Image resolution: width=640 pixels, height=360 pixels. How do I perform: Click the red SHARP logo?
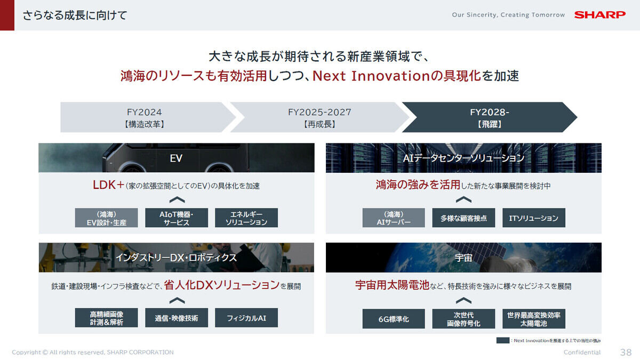click(x=599, y=15)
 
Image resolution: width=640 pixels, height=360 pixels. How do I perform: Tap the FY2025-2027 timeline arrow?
click(x=320, y=117)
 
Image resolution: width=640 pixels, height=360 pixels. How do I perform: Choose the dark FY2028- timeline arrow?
click(x=490, y=117)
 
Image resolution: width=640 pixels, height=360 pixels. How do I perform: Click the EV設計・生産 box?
click(x=106, y=218)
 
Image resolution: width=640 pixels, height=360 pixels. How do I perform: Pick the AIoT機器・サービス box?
click(x=177, y=218)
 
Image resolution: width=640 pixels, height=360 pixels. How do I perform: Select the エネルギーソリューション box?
click(x=246, y=218)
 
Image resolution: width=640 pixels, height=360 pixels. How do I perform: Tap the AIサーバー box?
click(x=394, y=218)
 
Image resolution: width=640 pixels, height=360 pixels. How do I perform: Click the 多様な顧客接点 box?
click(x=463, y=218)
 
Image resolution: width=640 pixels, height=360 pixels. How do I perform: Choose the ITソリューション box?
click(x=534, y=218)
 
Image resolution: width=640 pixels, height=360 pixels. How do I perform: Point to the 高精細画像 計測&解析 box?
click(x=106, y=318)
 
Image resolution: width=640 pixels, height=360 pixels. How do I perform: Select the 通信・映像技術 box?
click(x=177, y=318)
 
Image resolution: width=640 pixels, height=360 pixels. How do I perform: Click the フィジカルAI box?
click(x=246, y=318)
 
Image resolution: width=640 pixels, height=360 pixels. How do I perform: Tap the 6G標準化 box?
click(x=394, y=319)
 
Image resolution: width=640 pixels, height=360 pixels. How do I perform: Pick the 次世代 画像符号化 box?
click(x=463, y=319)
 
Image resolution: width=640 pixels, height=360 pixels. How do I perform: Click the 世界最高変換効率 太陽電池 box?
click(x=534, y=319)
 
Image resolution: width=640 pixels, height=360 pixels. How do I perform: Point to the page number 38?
click(x=626, y=353)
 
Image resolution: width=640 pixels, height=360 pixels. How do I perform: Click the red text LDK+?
click(x=108, y=185)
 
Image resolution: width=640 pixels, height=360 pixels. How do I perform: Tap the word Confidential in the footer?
click(x=582, y=353)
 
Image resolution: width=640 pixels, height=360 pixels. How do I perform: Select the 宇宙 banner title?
click(x=463, y=258)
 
